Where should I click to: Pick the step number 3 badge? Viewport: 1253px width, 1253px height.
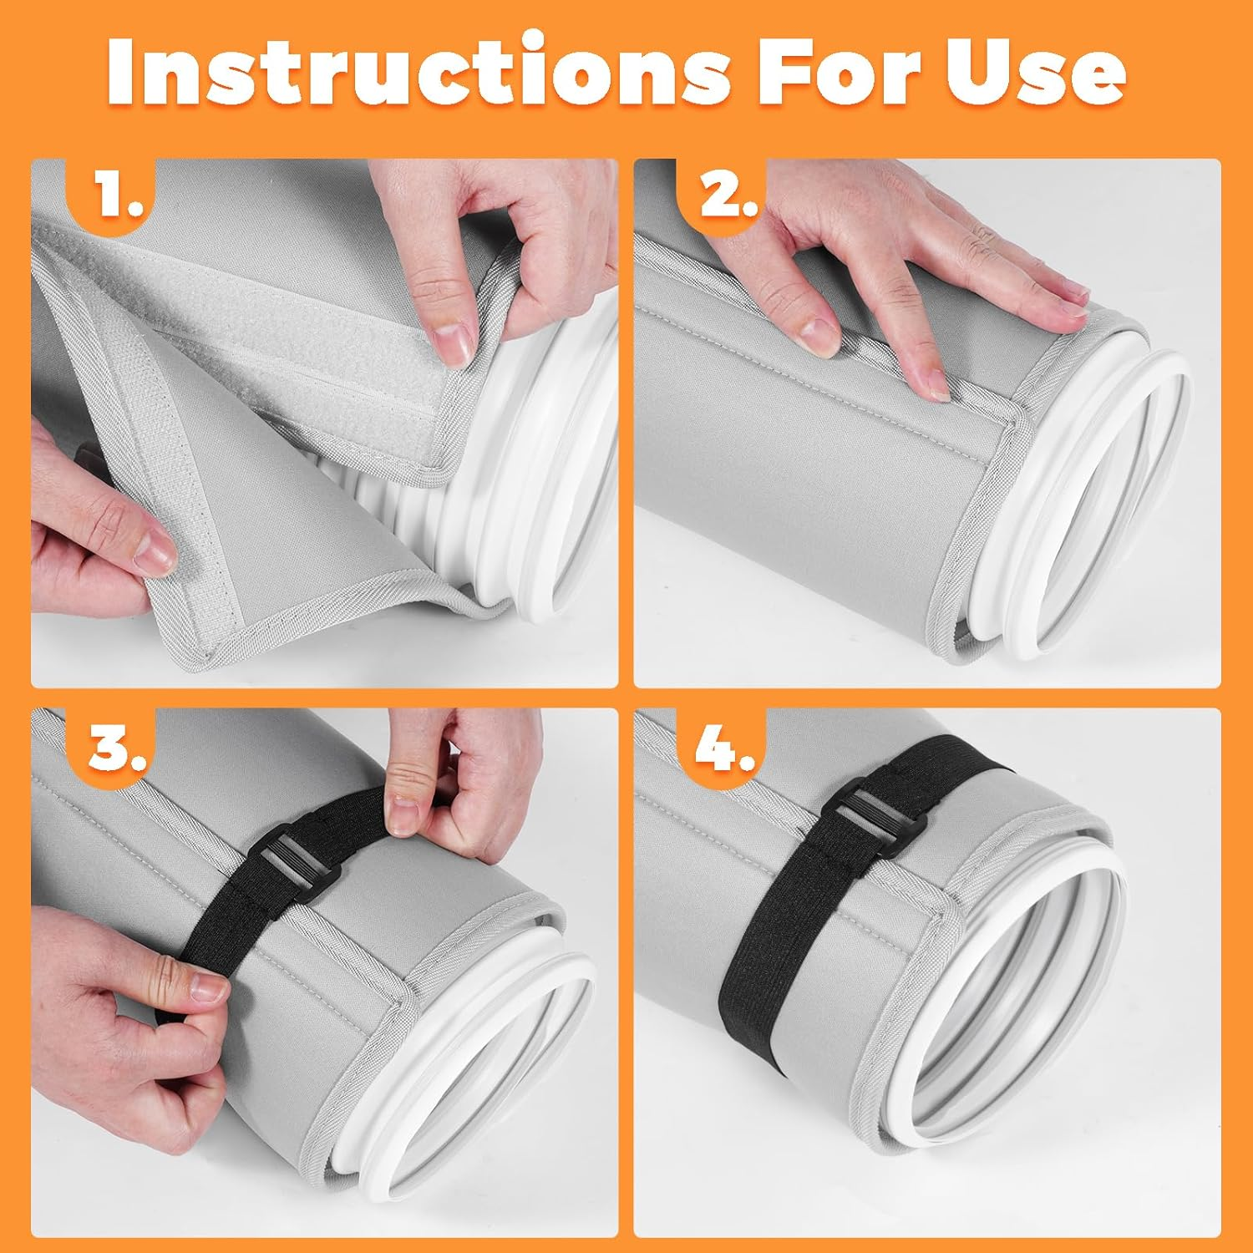[117, 748]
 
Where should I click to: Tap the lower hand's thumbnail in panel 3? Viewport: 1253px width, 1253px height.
[205, 990]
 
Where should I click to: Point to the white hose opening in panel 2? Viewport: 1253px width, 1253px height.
[1086, 518]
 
